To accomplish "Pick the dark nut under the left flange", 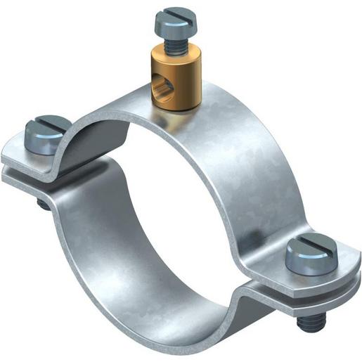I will (43, 204).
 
